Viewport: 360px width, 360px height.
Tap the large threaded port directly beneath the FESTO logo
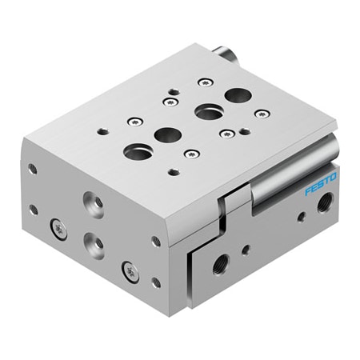pos(323,205)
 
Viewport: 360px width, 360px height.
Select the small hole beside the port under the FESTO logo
pos(302,215)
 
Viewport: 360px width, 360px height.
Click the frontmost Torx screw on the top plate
pos(190,153)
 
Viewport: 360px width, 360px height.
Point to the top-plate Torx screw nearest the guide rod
pos(258,114)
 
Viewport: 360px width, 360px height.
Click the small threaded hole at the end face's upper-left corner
pos(32,170)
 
